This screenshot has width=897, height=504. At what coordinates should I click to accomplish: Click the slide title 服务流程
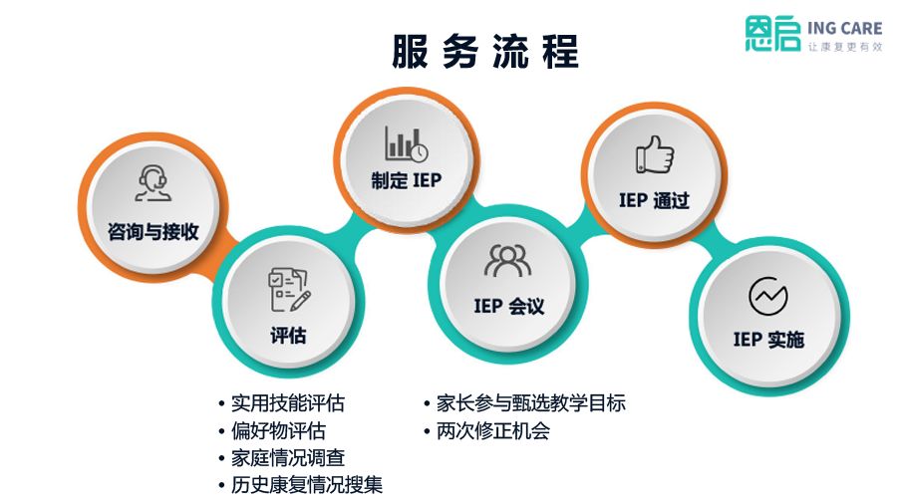[484, 53]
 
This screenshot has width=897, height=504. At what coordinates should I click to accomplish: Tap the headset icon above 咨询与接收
[152, 183]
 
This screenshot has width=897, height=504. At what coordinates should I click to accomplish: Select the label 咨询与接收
[153, 232]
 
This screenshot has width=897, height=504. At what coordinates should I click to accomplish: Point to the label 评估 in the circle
[288, 336]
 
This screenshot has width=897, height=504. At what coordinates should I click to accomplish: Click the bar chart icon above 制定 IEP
[407, 144]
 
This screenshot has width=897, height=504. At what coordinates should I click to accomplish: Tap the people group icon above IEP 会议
[508, 260]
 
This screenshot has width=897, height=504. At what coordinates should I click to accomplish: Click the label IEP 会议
[509, 306]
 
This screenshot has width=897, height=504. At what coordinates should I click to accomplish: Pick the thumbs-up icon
[654, 155]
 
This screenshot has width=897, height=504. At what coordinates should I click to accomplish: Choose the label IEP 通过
[654, 201]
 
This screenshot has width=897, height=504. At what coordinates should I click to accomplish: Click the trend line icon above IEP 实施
[767, 295]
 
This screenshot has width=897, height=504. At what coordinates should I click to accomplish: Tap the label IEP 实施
[768, 340]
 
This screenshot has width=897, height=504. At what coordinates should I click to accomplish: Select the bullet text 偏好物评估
[278, 431]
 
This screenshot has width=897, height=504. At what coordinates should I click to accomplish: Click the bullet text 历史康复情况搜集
[306, 485]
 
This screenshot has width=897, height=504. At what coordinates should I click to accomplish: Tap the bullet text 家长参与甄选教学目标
[530, 403]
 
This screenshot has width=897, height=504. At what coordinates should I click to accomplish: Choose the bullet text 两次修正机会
[492, 431]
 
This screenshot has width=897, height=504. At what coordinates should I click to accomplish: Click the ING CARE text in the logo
[844, 29]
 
